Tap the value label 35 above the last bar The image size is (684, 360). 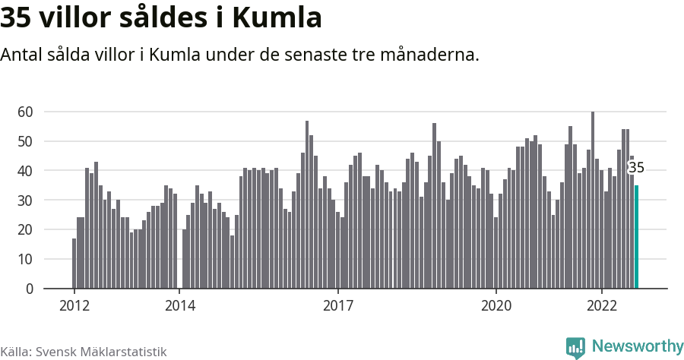(x=636, y=168)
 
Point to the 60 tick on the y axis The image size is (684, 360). (x=25, y=112)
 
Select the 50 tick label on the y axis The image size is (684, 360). (x=25, y=141)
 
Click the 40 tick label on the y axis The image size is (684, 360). (x=25, y=171)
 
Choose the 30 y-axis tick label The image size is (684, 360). (x=25, y=201)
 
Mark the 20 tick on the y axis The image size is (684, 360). (x=25, y=229)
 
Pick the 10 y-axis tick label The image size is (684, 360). (x=25, y=259)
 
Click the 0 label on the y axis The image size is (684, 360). (x=30, y=289)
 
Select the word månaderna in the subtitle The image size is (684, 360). (x=432, y=55)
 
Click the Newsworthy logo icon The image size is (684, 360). (x=575, y=347)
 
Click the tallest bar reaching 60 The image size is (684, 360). (x=593, y=201)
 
